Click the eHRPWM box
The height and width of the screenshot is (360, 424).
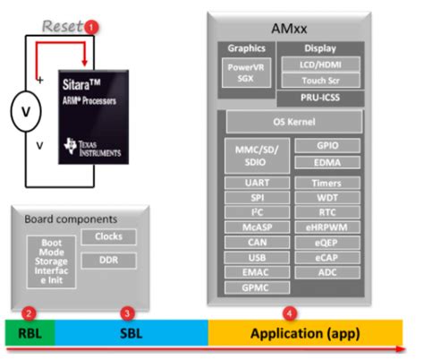(x=326, y=227)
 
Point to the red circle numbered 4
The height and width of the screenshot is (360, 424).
(x=289, y=313)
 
